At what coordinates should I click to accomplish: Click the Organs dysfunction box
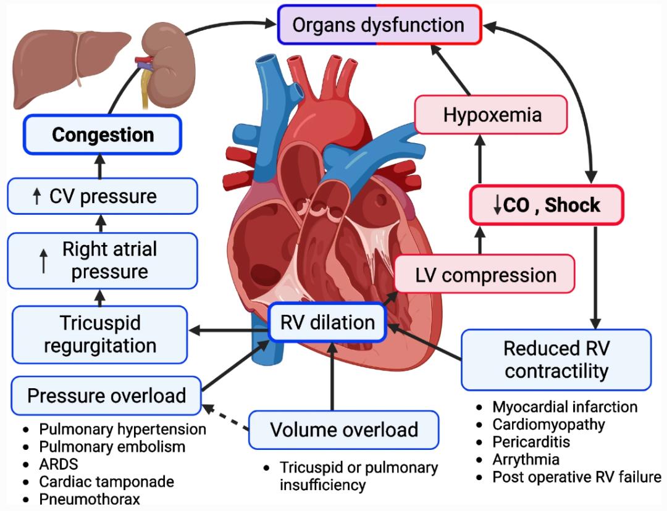pos(379,25)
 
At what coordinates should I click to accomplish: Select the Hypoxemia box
pos(491,114)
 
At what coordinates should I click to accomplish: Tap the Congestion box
pos(103,135)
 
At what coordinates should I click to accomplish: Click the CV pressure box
pos(103,197)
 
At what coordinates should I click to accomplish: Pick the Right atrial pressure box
pos(103,260)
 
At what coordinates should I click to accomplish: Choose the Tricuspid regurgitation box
pos(99,334)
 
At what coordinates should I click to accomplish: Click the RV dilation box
pos(327,322)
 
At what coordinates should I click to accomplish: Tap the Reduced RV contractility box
pos(556,359)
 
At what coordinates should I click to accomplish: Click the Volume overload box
pos(343,430)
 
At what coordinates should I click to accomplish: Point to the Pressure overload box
pos(106,396)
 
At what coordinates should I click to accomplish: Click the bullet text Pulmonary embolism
pos(112,446)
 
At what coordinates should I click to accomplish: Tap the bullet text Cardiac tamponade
pos(106,481)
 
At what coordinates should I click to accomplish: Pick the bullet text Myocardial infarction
pos(564,407)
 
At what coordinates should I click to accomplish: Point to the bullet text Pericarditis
pos(531,442)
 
